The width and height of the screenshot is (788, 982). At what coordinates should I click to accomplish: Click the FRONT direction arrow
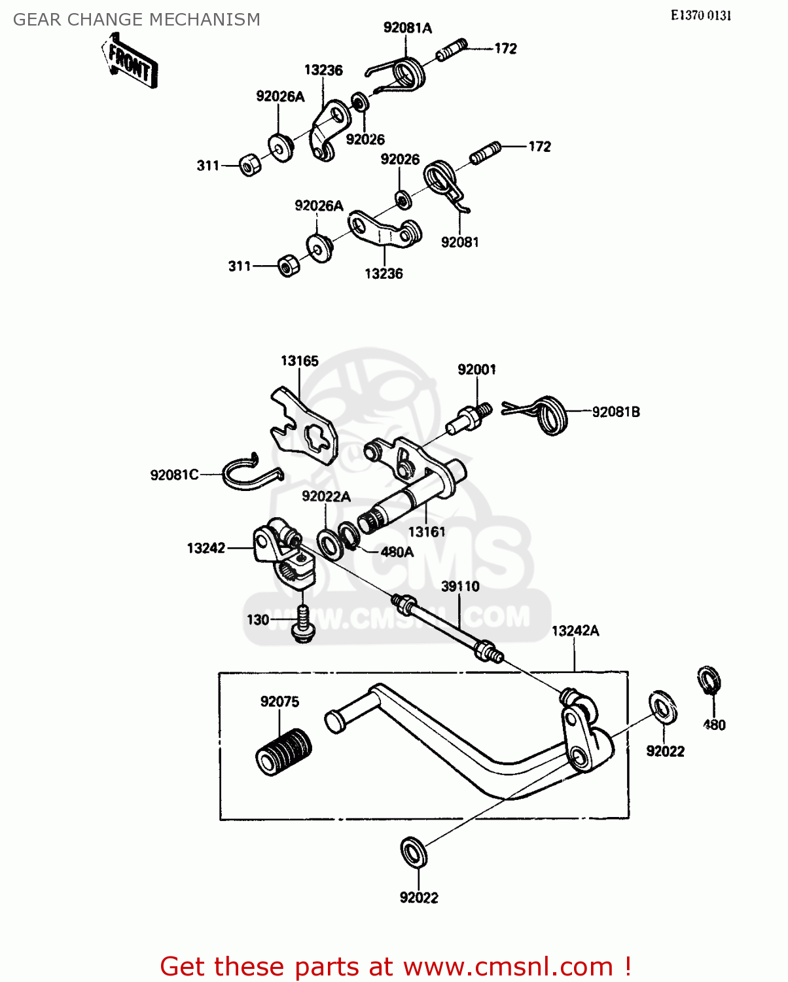[x=130, y=64]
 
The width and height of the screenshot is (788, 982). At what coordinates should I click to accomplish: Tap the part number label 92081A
[x=407, y=27]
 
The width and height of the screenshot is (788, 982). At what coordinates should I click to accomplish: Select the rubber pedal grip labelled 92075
[x=283, y=752]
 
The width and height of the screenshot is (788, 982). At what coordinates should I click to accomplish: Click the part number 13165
[x=299, y=361]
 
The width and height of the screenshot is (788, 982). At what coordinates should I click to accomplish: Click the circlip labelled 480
[x=709, y=681]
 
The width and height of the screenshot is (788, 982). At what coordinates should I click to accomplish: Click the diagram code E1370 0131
[x=700, y=16]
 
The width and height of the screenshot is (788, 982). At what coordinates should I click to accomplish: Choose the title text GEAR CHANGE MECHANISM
[x=137, y=20]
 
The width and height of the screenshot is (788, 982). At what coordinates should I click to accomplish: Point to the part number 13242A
[x=575, y=630]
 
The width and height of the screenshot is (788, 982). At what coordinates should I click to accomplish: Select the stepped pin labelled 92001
[x=468, y=420]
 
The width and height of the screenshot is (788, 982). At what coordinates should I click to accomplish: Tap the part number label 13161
[x=427, y=532]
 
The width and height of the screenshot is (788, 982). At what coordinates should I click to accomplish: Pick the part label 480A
[x=397, y=552]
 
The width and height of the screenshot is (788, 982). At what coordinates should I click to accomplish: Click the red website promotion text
[x=395, y=966]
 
